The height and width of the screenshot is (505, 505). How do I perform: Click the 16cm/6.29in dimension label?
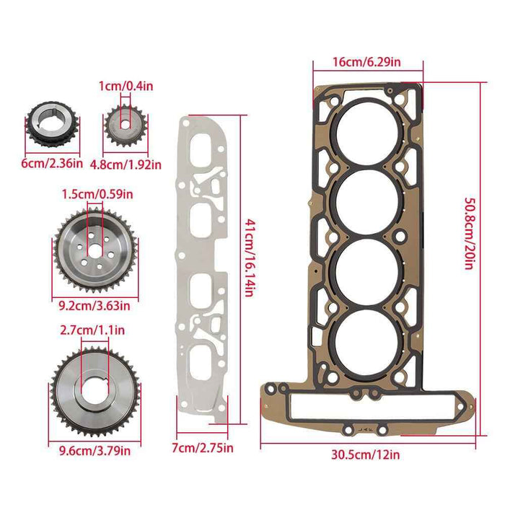pos(368,63)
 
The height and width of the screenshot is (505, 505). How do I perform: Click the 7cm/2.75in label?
pos(201,449)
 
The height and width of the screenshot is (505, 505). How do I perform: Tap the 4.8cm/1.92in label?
pos(126,164)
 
